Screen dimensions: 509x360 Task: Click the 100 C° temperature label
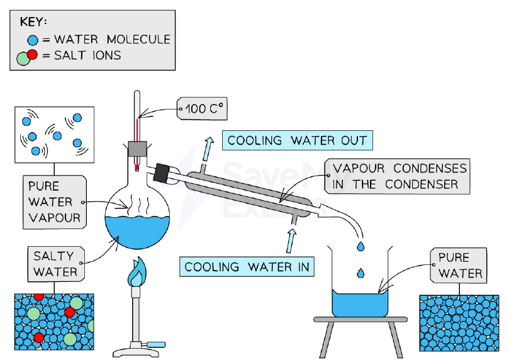(x=202, y=108)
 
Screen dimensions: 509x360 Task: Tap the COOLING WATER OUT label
(x=298, y=140)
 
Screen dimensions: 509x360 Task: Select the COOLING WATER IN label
(x=247, y=267)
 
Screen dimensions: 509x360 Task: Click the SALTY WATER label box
(x=56, y=264)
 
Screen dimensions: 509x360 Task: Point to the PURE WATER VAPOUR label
(x=55, y=202)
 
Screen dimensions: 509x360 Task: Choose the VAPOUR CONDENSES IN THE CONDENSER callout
(x=397, y=176)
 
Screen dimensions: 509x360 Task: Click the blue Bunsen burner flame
(x=137, y=272)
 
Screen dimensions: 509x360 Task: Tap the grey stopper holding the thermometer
(x=137, y=149)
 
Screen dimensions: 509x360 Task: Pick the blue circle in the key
(x=33, y=40)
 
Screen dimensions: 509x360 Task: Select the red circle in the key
(x=32, y=55)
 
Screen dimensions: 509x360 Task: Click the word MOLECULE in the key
(x=138, y=40)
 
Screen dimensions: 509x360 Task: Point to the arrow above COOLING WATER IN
(x=291, y=241)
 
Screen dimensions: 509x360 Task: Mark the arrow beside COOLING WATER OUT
(x=208, y=149)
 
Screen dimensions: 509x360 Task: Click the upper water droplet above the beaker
(x=361, y=246)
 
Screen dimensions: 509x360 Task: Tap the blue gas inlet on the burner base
(x=155, y=344)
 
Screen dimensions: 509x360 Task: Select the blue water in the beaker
(x=360, y=304)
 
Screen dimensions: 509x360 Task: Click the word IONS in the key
(x=107, y=55)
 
